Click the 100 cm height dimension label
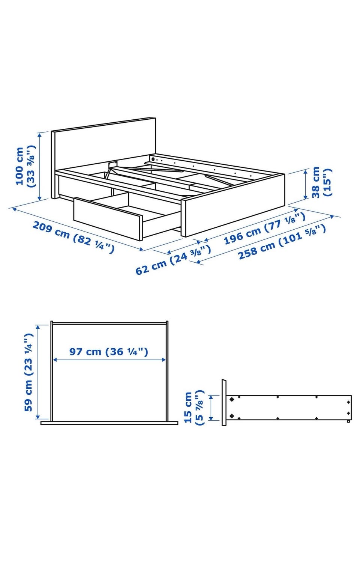coord(25,166)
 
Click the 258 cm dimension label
coord(282,242)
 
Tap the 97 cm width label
coord(109,352)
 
